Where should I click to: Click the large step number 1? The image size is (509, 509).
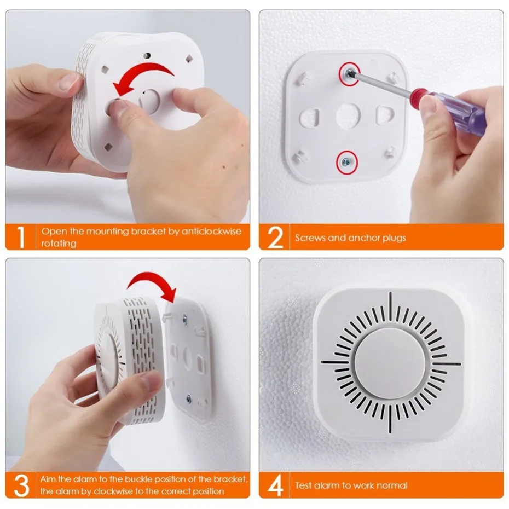[21, 236]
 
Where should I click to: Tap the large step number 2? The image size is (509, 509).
[275, 237]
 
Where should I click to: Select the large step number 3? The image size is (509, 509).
[21, 485]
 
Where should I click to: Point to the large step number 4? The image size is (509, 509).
[275, 485]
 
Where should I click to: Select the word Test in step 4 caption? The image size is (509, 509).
[304, 485]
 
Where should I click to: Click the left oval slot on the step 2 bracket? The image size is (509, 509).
[313, 117]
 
